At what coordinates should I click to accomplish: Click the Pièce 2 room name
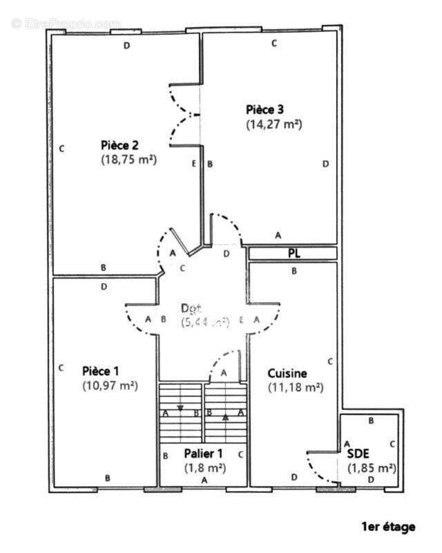(x=120, y=145)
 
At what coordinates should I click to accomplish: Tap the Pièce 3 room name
(x=265, y=109)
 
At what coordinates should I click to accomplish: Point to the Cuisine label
(x=287, y=373)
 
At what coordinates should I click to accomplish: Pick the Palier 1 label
(x=203, y=453)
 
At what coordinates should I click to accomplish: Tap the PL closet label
(x=294, y=254)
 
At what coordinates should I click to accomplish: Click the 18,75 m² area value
(x=128, y=159)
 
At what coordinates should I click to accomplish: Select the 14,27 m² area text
(x=274, y=124)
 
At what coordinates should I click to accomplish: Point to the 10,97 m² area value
(x=110, y=386)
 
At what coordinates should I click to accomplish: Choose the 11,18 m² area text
(x=296, y=388)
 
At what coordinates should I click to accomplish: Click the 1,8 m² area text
(x=203, y=467)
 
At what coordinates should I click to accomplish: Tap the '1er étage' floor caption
(x=388, y=527)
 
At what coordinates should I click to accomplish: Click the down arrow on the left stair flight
(x=180, y=408)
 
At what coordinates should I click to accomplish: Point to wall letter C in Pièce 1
(x=61, y=367)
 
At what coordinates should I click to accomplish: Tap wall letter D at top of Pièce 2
(x=126, y=46)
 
